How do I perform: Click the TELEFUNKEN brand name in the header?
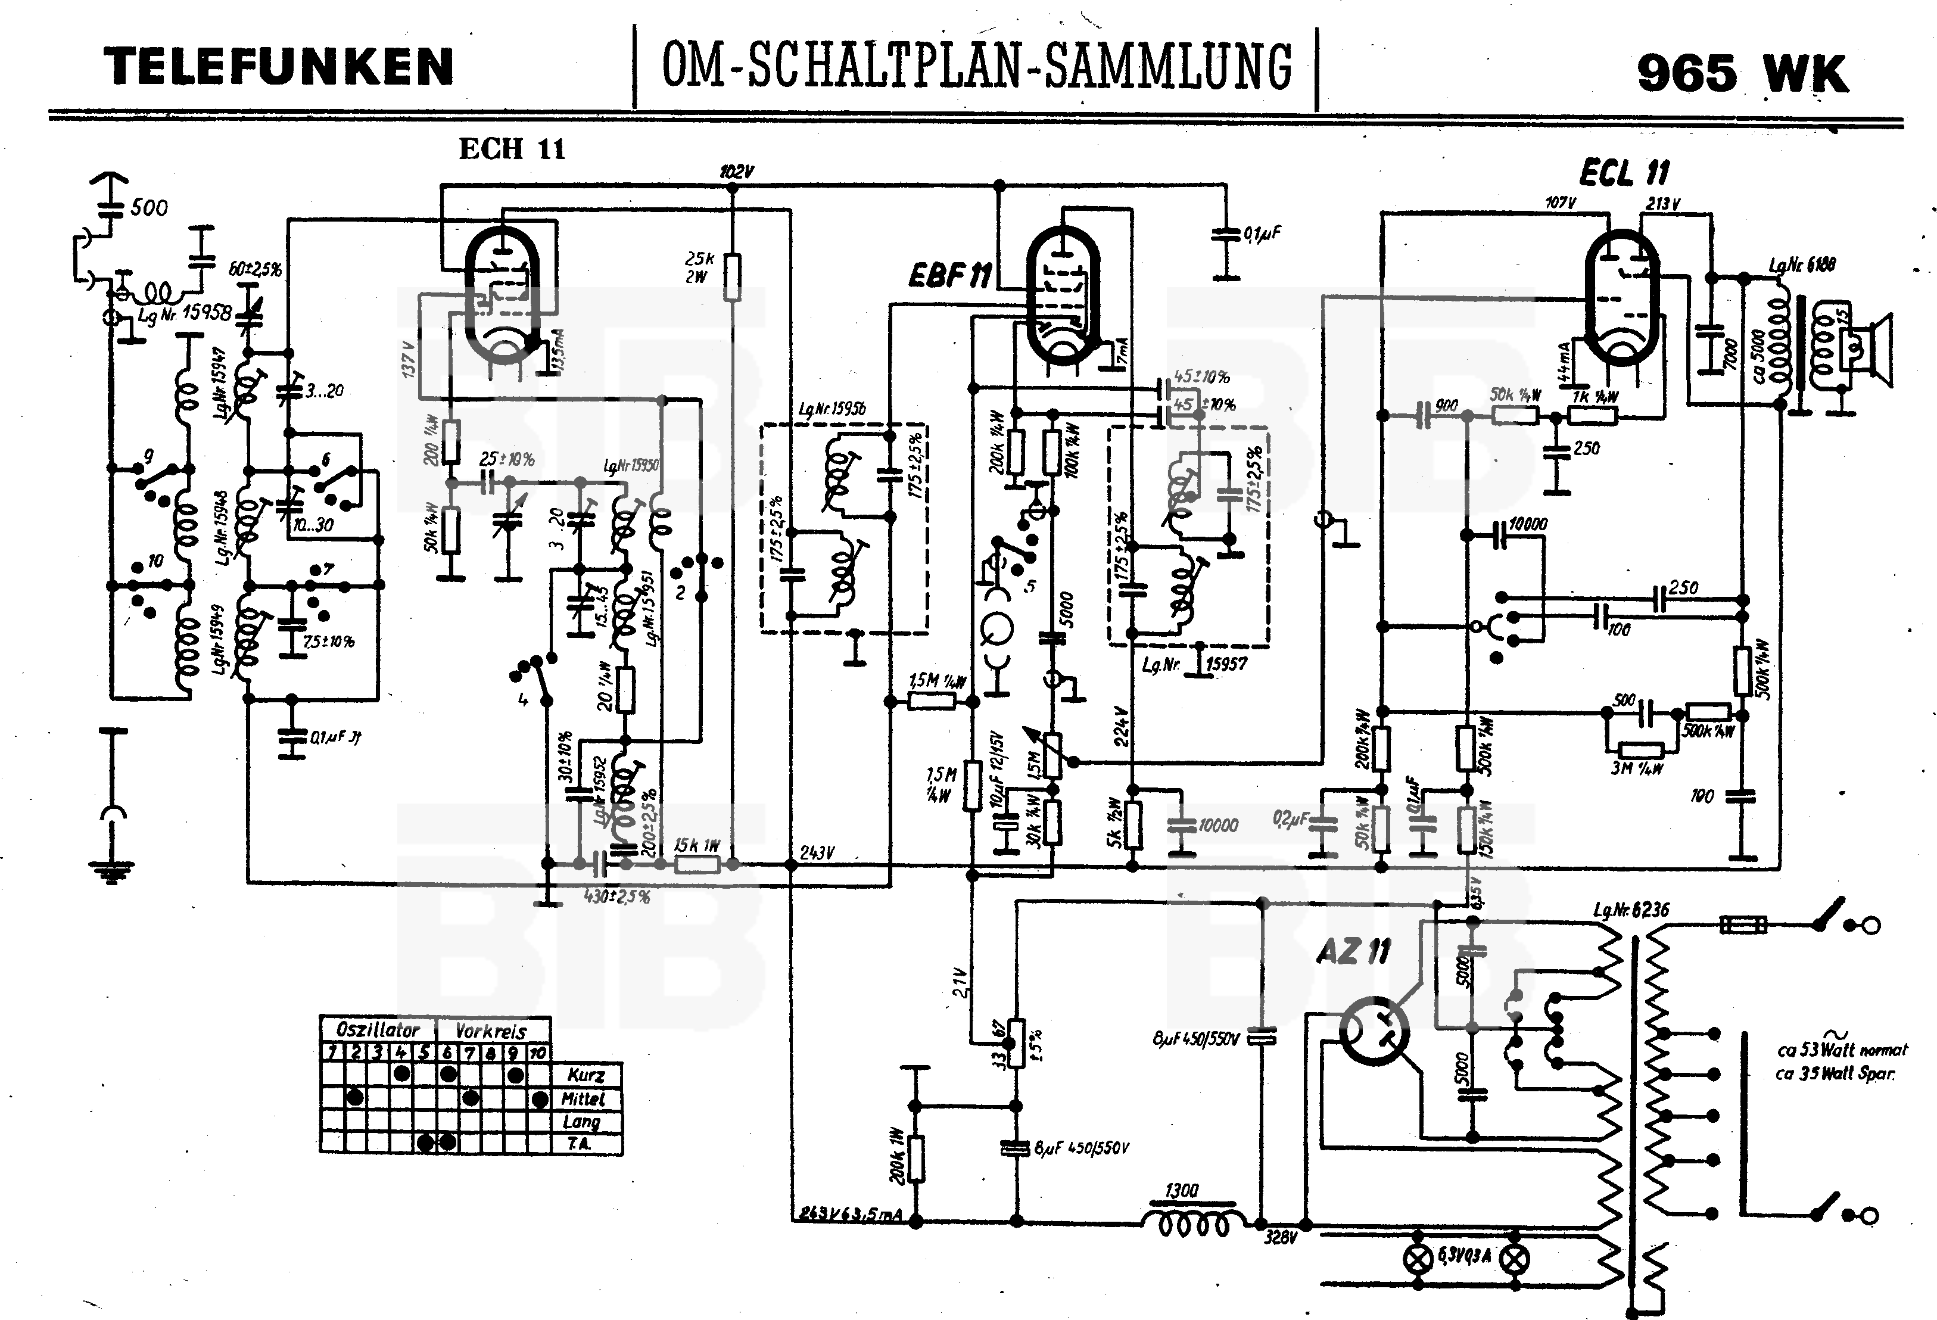[x=278, y=67]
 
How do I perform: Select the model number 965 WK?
[x=1742, y=73]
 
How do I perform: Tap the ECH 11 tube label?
[x=512, y=149]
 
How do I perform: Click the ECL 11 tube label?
[x=1624, y=173]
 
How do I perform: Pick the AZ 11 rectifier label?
[x=1353, y=951]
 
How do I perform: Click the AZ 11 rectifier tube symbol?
[x=1374, y=1032]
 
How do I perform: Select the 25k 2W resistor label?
[x=699, y=267]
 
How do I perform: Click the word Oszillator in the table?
[x=378, y=1029]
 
